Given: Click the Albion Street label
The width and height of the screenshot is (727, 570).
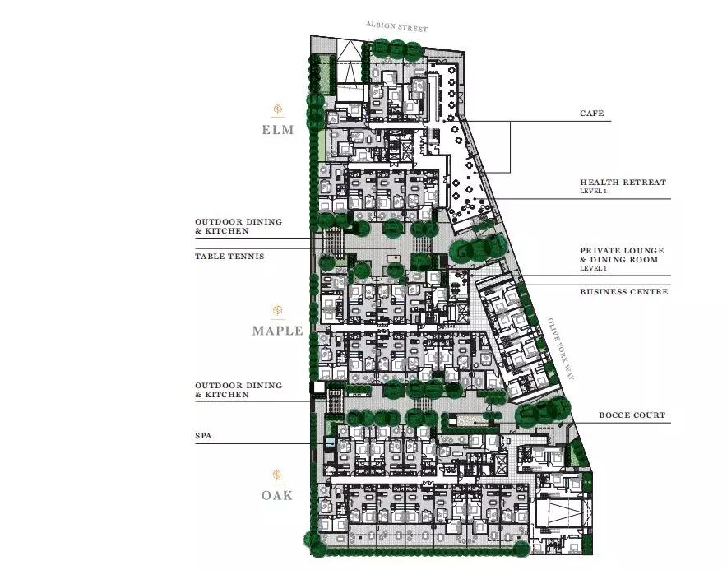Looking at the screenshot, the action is [x=396, y=26].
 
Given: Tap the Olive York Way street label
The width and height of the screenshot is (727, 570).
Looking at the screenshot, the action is [x=561, y=349].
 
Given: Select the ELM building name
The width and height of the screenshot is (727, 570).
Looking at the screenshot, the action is [x=278, y=130].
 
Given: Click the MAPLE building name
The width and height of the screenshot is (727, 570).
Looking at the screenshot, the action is [x=278, y=331].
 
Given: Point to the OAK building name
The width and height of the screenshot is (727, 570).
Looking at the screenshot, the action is [x=277, y=495].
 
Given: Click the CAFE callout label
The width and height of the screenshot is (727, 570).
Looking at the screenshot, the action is [x=591, y=114].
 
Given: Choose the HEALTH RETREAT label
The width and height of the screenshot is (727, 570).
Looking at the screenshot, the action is [x=623, y=183].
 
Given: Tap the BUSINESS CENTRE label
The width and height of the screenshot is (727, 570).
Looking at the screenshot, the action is [x=623, y=292].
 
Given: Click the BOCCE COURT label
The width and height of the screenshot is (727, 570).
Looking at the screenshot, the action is [x=632, y=415].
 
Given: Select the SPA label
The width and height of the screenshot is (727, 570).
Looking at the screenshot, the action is [x=203, y=436].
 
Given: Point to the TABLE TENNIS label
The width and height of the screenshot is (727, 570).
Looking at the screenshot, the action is [x=229, y=256].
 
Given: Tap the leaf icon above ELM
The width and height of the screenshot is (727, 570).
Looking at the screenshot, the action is [x=278, y=109].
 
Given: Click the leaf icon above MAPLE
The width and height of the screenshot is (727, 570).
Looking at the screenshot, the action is [x=277, y=310].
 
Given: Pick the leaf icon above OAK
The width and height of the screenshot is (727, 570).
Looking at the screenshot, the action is [x=277, y=475].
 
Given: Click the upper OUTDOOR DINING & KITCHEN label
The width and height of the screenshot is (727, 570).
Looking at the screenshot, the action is [x=238, y=226].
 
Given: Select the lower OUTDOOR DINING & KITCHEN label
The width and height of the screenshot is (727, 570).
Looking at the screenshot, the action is [x=238, y=390].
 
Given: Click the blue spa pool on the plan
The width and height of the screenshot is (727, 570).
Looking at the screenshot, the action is [x=330, y=442].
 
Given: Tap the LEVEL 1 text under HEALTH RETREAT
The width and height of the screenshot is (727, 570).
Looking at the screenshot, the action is [x=593, y=191].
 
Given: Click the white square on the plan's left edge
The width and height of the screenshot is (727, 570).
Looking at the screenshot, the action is [x=319, y=387].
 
